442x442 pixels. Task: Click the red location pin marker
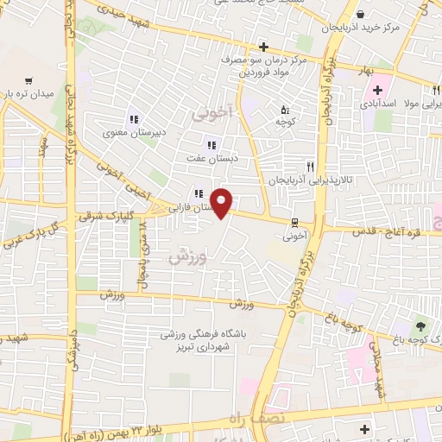pos(223,204)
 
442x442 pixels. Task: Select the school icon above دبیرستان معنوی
pos(133,119)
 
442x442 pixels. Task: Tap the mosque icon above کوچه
pos(285,110)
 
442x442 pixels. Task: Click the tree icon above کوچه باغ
pos(420,325)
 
